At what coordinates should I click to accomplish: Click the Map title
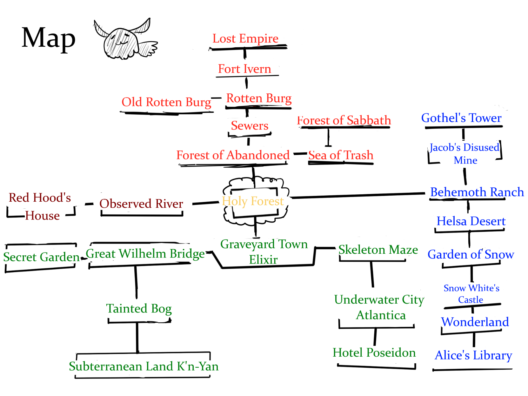tap(49, 38)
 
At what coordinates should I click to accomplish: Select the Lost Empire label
tap(245, 38)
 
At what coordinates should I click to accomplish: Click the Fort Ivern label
tap(244, 69)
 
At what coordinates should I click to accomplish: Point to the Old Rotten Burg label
tap(166, 102)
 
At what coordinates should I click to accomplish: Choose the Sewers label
tap(250, 125)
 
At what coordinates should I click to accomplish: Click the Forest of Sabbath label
tap(344, 120)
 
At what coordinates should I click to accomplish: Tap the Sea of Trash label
tap(341, 155)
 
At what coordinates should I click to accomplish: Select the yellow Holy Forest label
tap(252, 201)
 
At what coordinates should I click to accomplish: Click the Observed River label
tap(141, 204)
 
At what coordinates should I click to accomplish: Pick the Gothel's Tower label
tap(461, 118)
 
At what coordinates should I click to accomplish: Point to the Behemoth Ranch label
tap(477, 192)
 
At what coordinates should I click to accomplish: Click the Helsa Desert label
tap(471, 221)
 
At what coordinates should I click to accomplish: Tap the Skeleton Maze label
tap(378, 250)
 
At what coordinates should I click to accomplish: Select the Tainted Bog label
tap(139, 308)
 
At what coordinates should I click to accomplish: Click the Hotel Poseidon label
tap(374, 352)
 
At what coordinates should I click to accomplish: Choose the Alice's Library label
tap(473, 355)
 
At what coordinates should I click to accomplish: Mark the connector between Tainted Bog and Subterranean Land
tap(137, 337)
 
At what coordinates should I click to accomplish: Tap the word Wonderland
tap(475, 322)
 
